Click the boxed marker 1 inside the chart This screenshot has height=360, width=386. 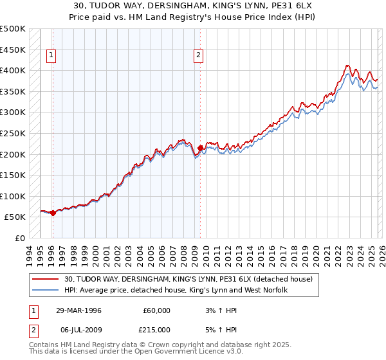pos(51,56)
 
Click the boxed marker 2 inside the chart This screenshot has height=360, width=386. pos(199,56)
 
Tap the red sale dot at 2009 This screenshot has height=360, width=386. pos(200,148)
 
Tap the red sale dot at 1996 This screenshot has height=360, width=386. pos(53,213)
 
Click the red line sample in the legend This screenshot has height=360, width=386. pos(46,279)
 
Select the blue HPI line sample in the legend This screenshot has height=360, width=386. pos(46,290)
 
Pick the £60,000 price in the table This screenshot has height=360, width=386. pos(156,310)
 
